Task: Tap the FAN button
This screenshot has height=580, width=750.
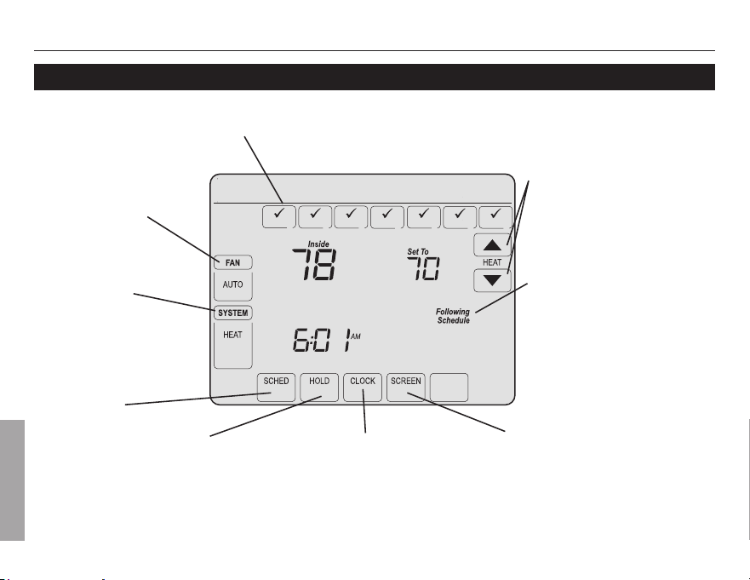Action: click(233, 262)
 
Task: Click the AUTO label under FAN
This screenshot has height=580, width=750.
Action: click(233, 284)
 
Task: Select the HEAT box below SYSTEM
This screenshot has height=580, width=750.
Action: click(233, 345)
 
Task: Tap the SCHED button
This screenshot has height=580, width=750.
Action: click(276, 388)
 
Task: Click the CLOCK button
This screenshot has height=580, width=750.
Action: click(363, 388)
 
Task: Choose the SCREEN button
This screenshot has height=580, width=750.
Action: click(405, 388)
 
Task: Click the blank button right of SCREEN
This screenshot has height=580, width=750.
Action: click(449, 388)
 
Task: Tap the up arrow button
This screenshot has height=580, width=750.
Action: click(492, 245)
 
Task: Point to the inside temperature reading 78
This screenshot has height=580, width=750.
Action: click(314, 265)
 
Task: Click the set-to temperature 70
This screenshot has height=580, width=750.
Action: click(423, 269)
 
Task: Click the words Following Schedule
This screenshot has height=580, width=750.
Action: click(453, 316)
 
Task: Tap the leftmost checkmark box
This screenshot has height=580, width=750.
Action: click(279, 217)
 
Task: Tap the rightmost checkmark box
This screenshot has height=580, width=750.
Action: click(495, 217)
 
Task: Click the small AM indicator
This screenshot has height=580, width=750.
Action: click(356, 337)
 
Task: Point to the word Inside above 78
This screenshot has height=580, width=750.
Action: click(318, 244)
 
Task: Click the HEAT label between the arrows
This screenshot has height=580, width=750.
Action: click(492, 262)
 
